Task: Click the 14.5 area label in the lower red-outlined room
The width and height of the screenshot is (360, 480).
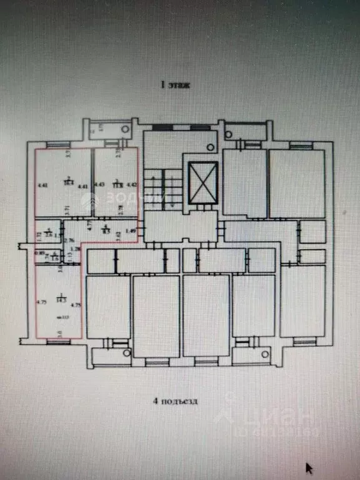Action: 61,301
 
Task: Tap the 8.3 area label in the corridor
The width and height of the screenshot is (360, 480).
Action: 106,230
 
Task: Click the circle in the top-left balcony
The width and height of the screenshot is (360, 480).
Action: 126,129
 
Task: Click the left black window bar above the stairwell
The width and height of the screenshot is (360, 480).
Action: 162,127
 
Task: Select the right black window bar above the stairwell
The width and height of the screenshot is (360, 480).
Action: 201,127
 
